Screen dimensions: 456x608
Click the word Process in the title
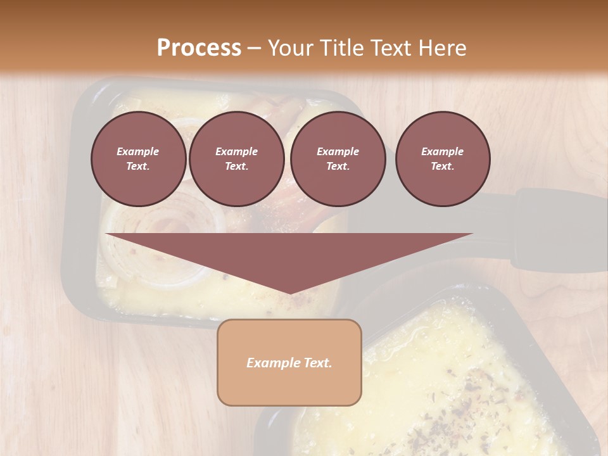click(199, 48)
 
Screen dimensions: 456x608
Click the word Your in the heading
click(289, 48)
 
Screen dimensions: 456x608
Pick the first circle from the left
click(138, 159)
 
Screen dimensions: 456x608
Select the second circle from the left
click(236, 159)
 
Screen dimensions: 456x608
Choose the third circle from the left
click(338, 159)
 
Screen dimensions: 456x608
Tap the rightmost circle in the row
click(443, 159)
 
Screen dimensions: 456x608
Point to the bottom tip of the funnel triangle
click(289, 293)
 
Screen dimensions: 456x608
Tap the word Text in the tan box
click(317, 363)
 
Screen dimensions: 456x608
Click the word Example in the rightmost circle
click(443, 151)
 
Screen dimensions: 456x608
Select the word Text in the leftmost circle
click(138, 167)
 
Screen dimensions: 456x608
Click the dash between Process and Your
click(255, 48)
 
